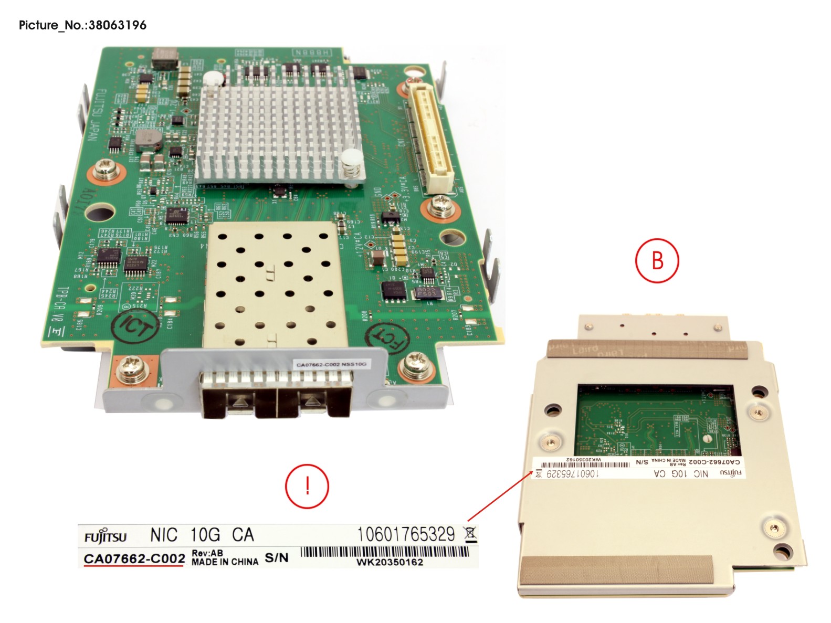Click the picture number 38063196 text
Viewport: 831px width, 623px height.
click(82, 25)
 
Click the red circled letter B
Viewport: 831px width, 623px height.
click(657, 260)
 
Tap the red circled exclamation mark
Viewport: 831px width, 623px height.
click(307, 485)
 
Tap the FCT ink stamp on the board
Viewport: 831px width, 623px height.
click(387, 339)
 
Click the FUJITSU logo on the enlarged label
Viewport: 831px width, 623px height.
click(106, 537)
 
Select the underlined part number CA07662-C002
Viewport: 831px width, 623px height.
click(134, 558)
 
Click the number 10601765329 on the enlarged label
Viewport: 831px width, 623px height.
click(406, 534)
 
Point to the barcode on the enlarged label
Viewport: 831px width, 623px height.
click(385, 552)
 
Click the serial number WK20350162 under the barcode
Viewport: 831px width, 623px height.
click(390, 562)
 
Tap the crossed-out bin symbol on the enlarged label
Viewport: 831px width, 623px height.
click(470, 534)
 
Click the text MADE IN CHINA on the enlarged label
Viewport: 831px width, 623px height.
click(225, 562)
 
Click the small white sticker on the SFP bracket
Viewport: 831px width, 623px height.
click(331, 364)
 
